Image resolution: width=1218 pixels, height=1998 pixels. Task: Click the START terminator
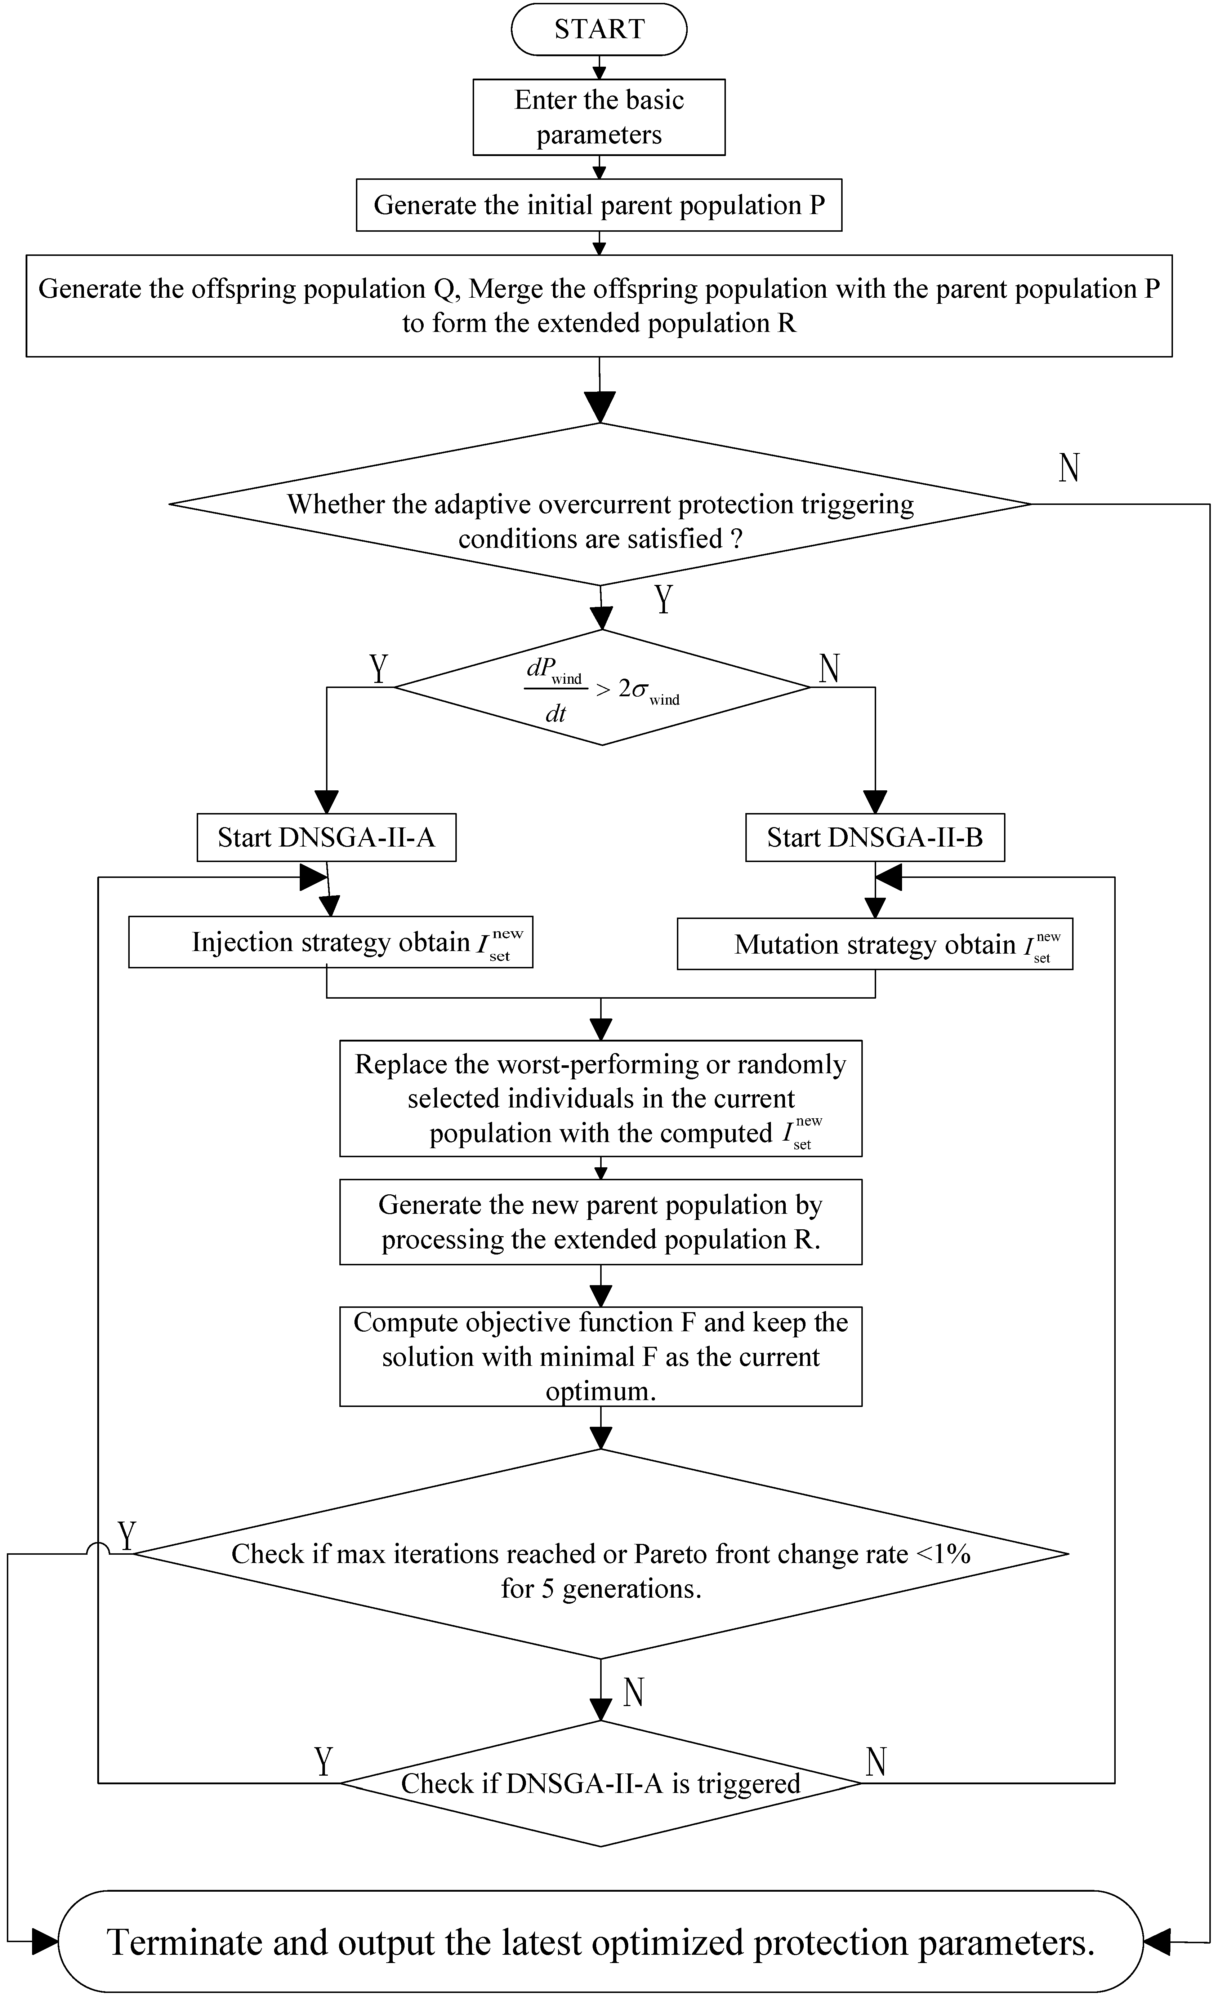(599, 29)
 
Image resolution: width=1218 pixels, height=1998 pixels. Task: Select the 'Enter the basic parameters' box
(599, 117)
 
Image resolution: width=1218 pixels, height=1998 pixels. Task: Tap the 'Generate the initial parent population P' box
(599, 205)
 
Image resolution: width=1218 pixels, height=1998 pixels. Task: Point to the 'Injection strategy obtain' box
(331, 942)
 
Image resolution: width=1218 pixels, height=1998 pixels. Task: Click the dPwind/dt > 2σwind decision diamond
(601, 688)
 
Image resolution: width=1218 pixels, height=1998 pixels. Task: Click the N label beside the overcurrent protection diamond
(1069, 468)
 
